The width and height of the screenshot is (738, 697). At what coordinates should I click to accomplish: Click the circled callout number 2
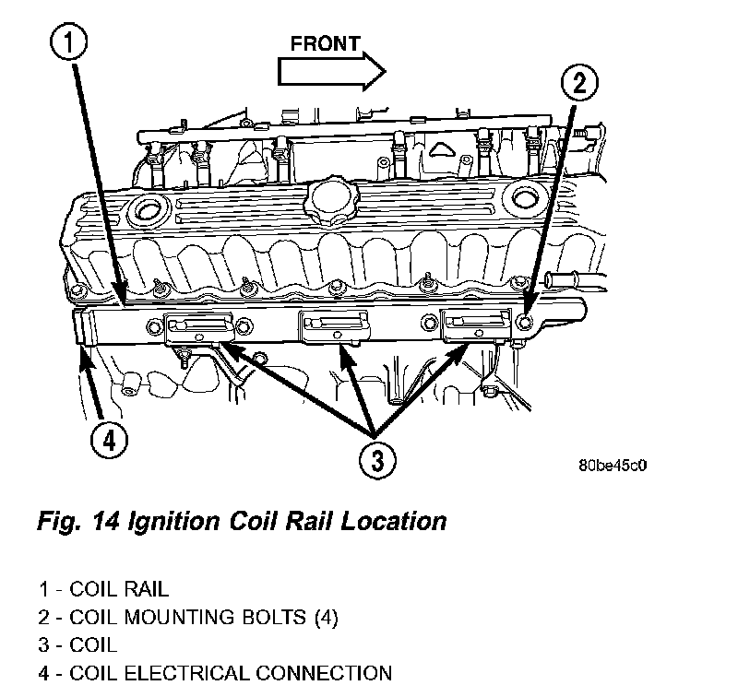pos(578,84)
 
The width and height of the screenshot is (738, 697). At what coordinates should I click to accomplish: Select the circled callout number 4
pos(108,441)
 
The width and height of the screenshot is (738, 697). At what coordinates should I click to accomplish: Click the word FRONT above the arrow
pos(325,43)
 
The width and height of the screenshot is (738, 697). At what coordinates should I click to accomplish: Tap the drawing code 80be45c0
pos(613,466)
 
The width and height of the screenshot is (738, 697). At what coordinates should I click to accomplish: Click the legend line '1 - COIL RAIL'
pos(104,587)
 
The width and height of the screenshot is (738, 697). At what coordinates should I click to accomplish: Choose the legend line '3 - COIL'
pos(78,644)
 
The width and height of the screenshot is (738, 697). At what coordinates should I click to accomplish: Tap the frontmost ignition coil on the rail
pos(477,325)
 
